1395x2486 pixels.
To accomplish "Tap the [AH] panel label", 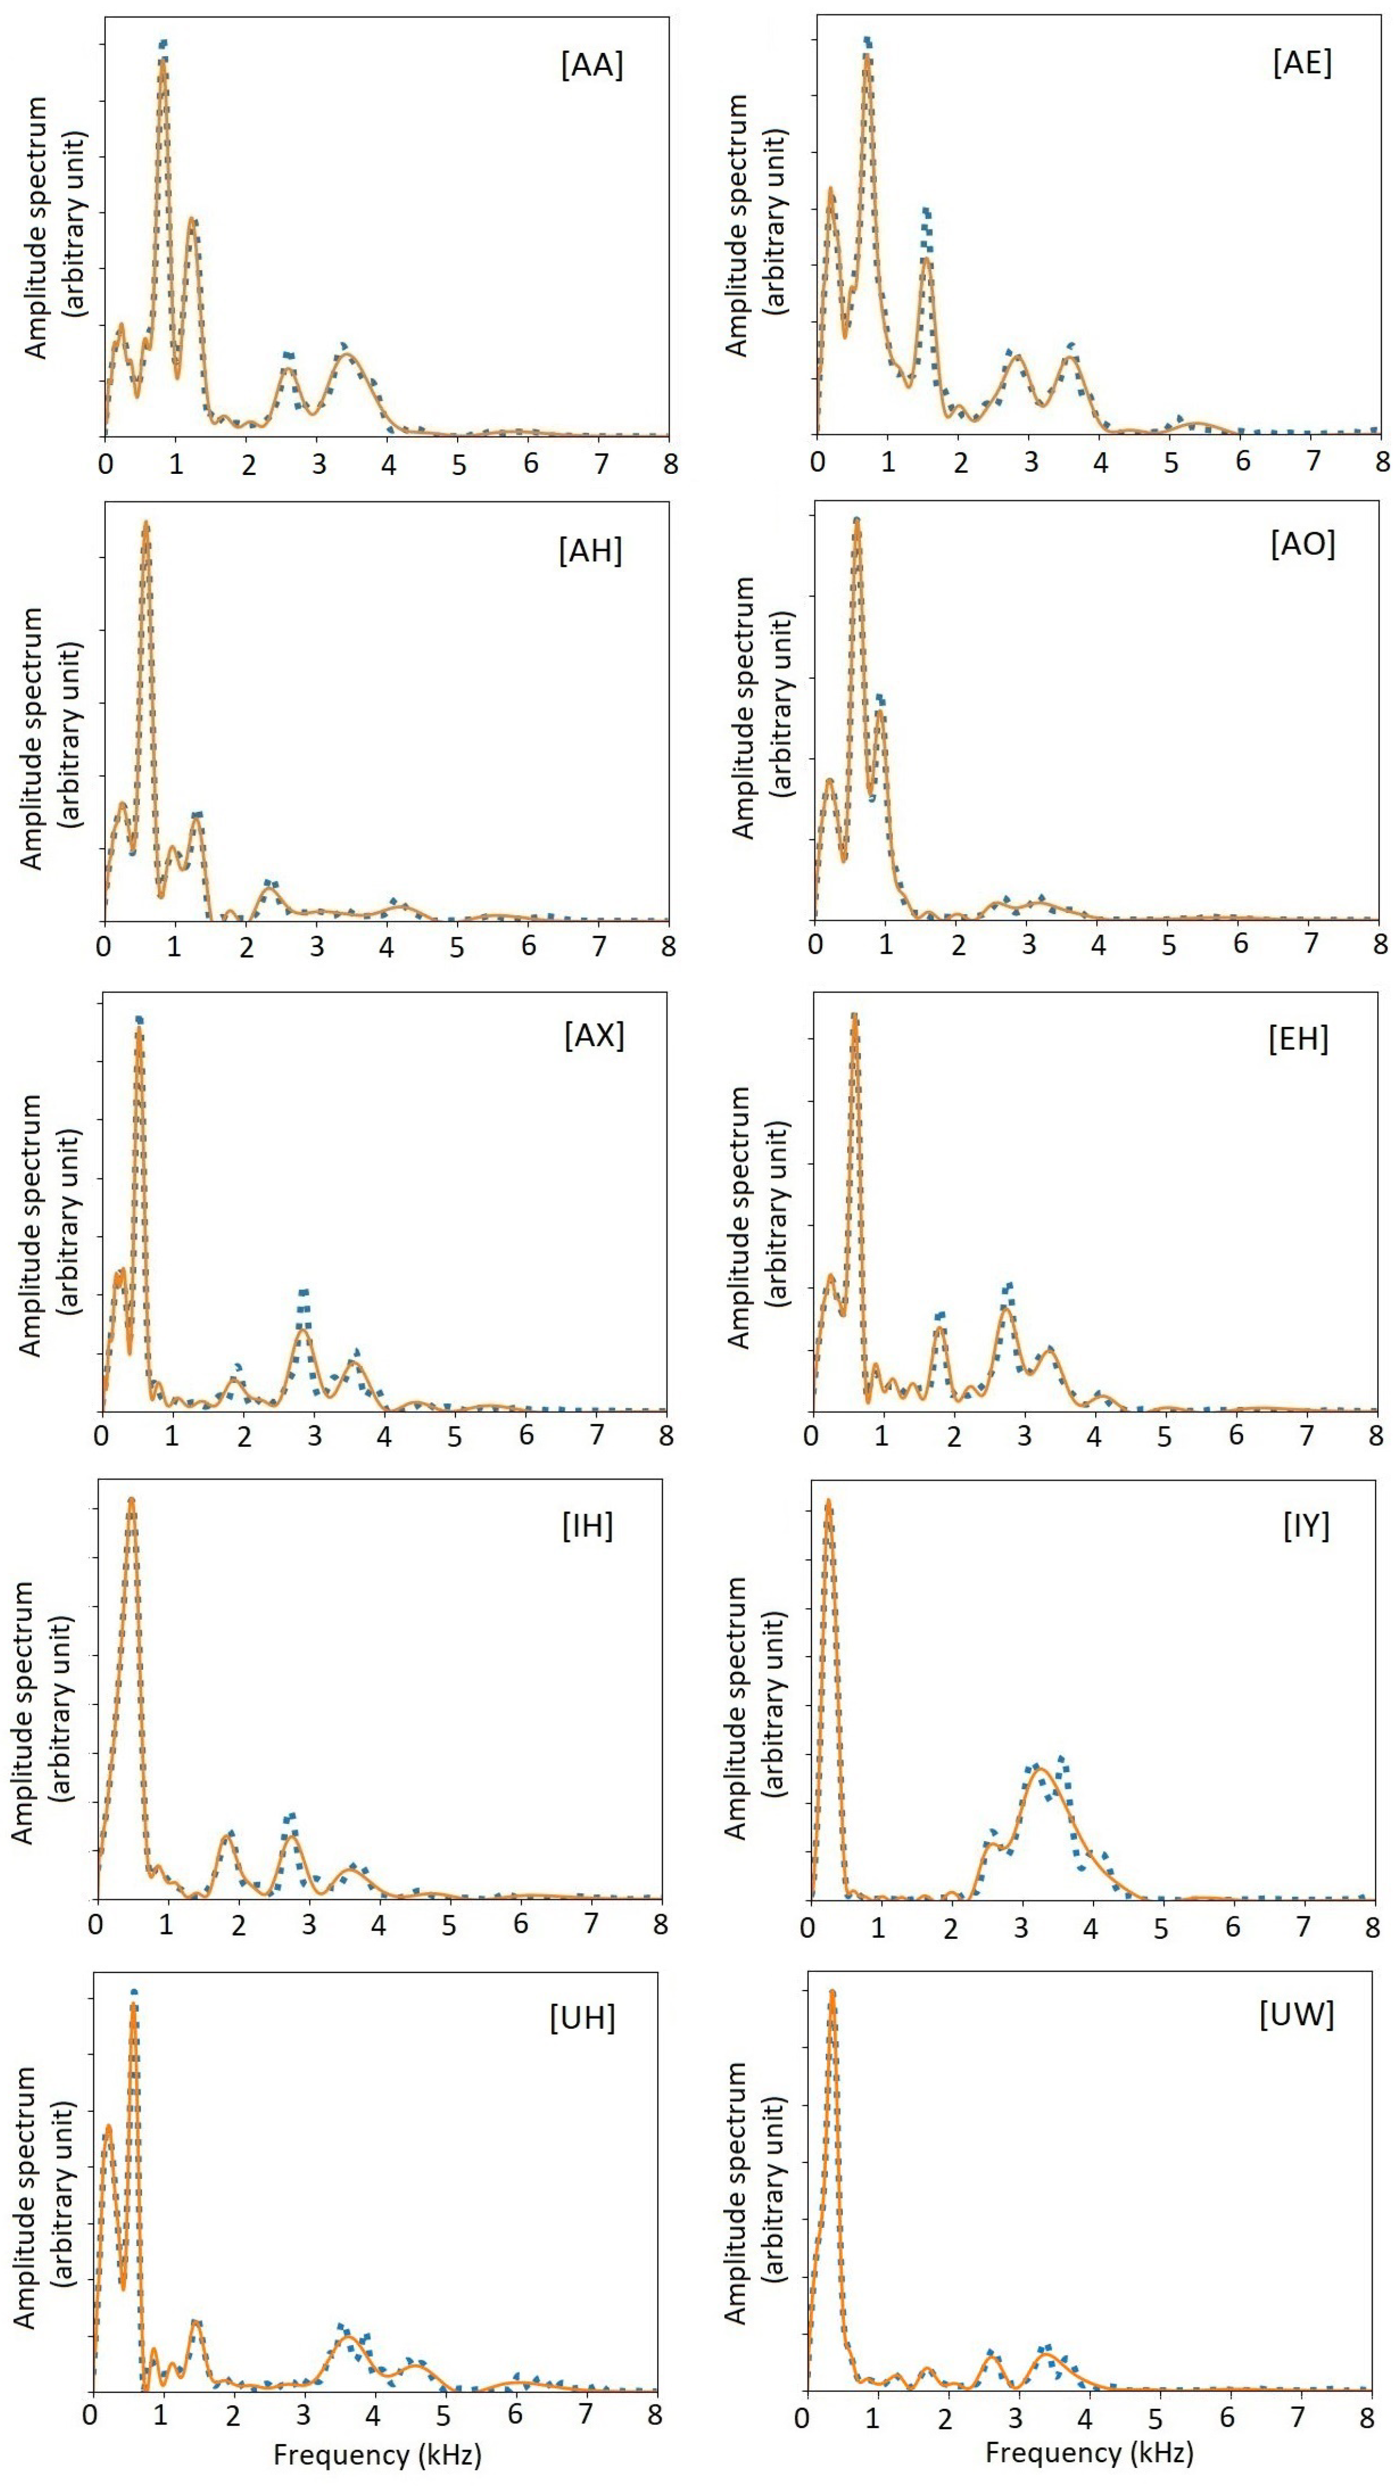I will point(590,551).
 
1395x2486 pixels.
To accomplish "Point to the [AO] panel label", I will point(1303,544).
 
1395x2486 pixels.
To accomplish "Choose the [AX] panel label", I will point(594,1035).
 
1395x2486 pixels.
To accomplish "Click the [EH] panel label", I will point(1298,1040).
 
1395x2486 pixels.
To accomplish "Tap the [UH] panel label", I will point(582,2018).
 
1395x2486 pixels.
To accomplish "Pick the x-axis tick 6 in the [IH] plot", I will point(520,1924).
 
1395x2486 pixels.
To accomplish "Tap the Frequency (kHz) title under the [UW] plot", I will point(1089,2452).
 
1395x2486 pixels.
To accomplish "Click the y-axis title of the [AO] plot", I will point(757,707).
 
